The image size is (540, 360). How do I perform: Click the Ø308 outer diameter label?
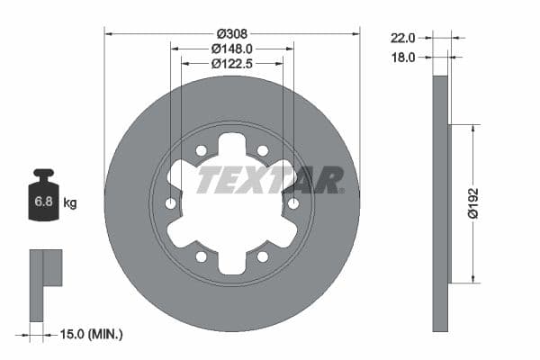231,21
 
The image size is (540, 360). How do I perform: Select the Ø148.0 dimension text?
231,49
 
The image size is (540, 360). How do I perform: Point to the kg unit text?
69,202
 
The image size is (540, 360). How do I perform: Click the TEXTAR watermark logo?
270,180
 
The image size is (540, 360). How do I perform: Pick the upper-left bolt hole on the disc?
202,150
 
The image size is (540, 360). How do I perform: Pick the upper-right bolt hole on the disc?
263,150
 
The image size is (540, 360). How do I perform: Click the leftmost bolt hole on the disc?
171,204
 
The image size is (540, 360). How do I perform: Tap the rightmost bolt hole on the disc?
293,204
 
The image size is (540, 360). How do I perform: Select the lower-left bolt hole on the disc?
202,257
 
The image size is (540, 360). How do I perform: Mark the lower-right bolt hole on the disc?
263,257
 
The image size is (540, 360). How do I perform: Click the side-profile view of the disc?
440,203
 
